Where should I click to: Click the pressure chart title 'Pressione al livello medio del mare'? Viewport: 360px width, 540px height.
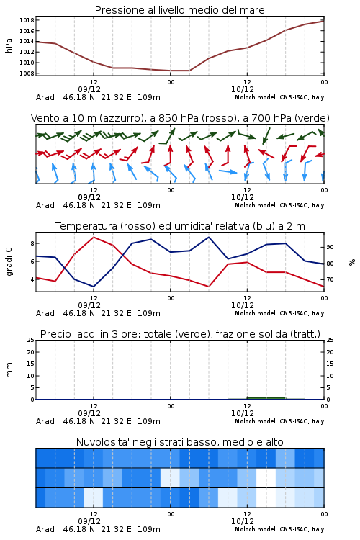click(179, 10)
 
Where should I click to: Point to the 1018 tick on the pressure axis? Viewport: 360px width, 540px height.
click(27, 20)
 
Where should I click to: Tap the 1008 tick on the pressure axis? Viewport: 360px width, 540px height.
click(27, 73)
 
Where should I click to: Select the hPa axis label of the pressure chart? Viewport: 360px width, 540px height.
click(9, 45)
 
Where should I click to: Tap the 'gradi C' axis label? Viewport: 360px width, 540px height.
click(9, 262)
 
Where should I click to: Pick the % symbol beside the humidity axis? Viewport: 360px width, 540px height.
click(352, 262)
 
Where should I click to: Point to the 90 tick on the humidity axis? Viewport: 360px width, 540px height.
click(330, 247)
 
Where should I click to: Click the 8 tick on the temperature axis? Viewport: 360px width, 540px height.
click(32, 243)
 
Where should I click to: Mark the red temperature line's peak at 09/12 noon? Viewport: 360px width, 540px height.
click(94, 237)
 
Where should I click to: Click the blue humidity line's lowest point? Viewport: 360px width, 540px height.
click(94, 287)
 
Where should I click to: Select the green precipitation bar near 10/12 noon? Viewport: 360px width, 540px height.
click(266, 398)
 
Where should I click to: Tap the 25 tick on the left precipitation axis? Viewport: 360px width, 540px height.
click(31, 340)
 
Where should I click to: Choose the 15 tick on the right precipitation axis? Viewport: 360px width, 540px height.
click(330, 364)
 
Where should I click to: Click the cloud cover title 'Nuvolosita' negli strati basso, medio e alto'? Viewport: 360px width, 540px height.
click(179, 442)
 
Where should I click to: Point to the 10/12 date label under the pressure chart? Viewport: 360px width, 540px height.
click(243, 89)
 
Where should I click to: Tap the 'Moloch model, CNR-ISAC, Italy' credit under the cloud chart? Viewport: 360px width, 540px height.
click(279, 529)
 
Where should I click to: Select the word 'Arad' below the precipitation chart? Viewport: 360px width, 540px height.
click(45, 421)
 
